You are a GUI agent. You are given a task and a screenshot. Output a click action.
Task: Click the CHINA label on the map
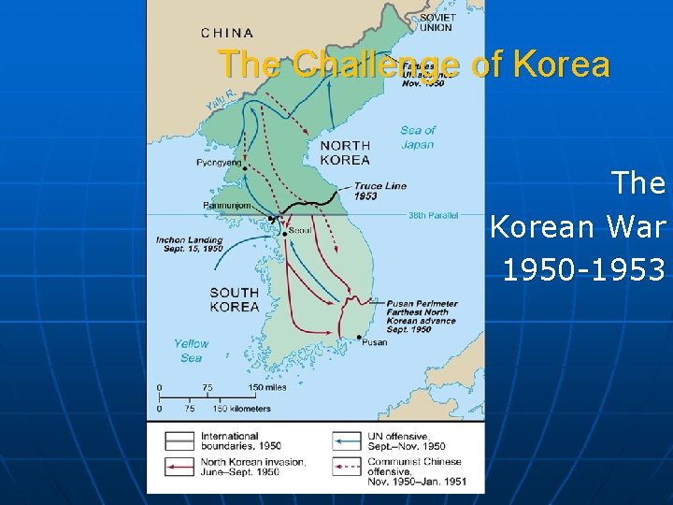(227, 33)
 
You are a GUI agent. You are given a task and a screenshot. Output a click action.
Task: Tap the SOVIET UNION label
(437, 22)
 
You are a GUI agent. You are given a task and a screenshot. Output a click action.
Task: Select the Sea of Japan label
(417, 137)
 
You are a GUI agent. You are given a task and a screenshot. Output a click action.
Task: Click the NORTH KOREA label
(345, 152)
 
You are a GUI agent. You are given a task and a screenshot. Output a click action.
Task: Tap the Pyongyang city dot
(245, 168)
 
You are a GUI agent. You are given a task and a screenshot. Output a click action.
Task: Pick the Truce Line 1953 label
(379, 191)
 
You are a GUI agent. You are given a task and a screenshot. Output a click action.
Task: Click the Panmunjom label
(226, 206)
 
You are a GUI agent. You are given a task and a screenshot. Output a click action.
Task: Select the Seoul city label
(300, 230)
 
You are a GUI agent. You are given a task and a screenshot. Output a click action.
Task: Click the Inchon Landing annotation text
(190, 243)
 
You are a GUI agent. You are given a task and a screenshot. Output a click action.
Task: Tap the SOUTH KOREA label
(235, 299)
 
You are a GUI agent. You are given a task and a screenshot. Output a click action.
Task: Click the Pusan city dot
(360, 337)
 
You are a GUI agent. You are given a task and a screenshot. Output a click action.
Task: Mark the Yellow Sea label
(191, 350)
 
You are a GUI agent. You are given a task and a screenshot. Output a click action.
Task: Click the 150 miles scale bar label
(267, 387)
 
